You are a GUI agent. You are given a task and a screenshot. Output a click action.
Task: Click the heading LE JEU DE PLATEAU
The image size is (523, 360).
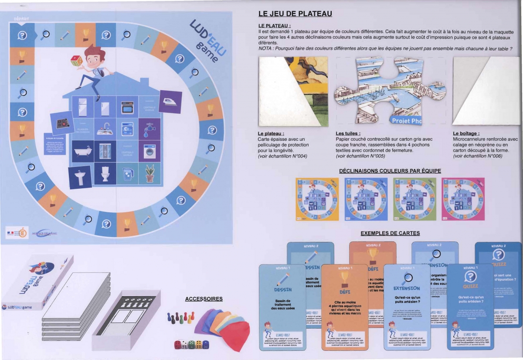pos(295,14)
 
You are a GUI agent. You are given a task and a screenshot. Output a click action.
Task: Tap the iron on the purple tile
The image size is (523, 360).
pos(170,102)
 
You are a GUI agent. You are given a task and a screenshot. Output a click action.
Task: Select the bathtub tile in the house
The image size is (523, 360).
pos(82,151)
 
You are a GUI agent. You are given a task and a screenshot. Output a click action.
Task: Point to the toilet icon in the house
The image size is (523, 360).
pos(105,173)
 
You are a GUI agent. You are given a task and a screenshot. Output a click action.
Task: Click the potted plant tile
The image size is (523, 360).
pos(150,173)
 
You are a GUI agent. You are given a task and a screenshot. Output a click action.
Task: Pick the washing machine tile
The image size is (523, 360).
pos(150,151)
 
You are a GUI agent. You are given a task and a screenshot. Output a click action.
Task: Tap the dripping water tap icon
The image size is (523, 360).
pos(149,129)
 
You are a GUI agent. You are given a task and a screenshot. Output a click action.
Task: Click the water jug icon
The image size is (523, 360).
pos(128,173)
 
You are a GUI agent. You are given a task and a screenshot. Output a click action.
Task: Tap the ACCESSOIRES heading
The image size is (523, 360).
pos(204,299)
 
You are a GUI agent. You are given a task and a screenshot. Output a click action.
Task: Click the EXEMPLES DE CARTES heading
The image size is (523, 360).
pos(390,233)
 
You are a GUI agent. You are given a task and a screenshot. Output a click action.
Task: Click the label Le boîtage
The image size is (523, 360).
pos(466,133)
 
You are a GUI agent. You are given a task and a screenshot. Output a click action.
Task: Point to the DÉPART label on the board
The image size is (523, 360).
pos(21,19)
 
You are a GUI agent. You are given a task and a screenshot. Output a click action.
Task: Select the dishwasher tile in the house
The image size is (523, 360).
pos(128,129)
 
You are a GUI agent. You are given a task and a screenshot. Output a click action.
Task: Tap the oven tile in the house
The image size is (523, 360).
pos(128,107)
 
